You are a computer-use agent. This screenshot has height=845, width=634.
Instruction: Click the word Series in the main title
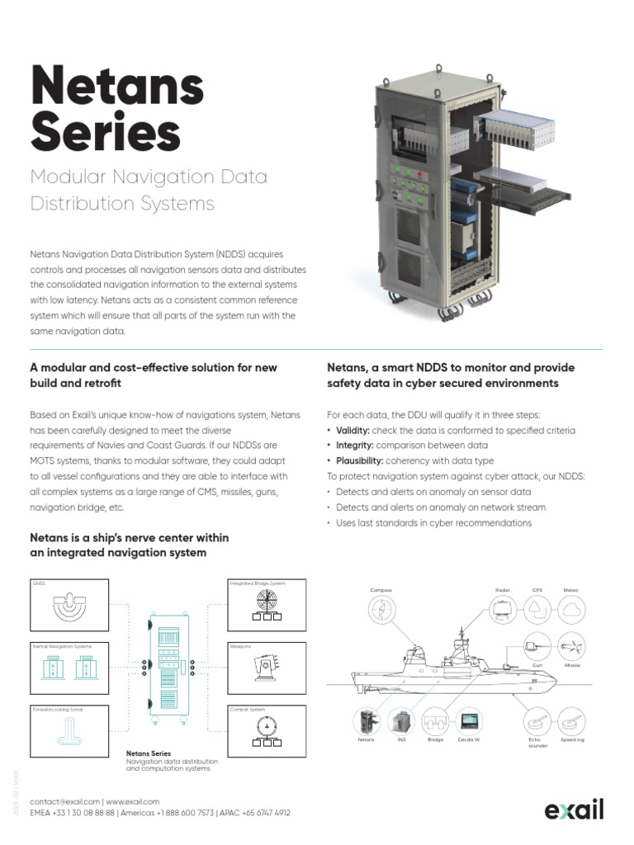point(105,132)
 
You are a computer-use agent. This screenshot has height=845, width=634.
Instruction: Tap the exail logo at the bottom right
point(574,811)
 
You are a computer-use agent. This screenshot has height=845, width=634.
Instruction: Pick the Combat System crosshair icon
point(267,730)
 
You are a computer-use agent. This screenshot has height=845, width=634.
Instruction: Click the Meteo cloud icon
point(571,611)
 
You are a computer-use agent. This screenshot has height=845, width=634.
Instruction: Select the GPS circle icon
point(537,611)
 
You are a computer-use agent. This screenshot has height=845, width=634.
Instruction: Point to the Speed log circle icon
point(572,720)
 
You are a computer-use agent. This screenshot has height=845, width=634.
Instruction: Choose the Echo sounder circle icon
point(537,720)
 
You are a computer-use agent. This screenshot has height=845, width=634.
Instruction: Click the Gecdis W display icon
point(470,720)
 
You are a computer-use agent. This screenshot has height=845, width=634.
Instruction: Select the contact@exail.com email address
point(64,801)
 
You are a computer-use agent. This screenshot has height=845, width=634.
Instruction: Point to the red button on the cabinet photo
point(419,176)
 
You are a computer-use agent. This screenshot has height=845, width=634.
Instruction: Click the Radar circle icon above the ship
point(503,611)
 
